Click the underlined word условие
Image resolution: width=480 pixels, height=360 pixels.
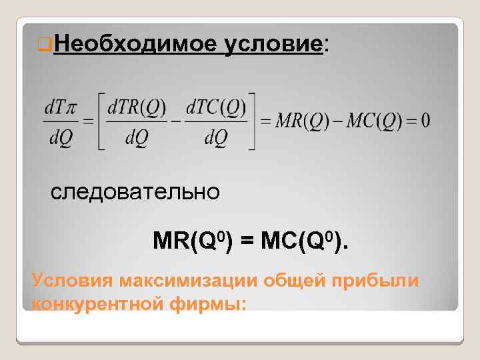tap(273, 45)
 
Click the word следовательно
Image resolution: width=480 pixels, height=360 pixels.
tap(135, 192)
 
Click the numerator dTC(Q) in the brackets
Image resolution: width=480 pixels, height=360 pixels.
tap(216, 107)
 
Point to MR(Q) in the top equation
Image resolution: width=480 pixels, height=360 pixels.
tap(297, 121)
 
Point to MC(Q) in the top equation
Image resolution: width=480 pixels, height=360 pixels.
tap(370, 121)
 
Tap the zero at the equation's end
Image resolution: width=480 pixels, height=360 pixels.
tap(425, 121)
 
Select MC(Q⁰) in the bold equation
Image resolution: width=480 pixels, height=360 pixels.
tap(300, 241)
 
